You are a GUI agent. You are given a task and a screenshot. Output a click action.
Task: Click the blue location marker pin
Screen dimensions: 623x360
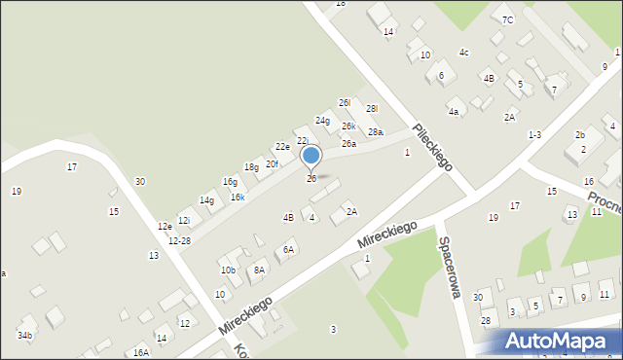click(311, 156)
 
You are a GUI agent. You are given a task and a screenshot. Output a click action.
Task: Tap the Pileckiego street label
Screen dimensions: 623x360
click(432, 147)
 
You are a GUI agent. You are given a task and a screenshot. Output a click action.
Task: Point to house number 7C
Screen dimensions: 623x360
click(507, 19)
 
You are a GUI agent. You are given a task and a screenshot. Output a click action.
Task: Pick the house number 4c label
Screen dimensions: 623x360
click(464, 52)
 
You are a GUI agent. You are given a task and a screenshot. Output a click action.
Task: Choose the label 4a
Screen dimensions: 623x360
click(454, 112)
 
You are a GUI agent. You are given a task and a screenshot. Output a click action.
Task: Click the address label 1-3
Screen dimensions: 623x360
click(534, 134)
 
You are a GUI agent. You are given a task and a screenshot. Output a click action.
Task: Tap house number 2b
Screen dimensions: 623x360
click(580, 134)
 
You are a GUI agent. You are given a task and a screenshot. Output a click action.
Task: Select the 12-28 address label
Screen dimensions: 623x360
click(179, 240)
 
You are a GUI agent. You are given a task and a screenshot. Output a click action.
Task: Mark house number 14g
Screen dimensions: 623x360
click(207, 200)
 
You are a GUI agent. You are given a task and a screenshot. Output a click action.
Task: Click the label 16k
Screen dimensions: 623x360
click(238, 198)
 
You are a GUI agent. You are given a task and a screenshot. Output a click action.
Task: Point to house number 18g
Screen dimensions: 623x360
click(251, 167)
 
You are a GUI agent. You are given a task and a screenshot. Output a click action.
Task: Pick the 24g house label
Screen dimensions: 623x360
click(322, 121)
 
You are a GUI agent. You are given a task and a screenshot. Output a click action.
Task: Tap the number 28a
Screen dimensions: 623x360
click(375, 132)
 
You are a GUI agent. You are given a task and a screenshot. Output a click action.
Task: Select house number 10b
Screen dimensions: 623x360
click(228, 270)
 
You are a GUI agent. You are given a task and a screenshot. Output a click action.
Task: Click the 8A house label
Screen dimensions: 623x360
click(259, 270)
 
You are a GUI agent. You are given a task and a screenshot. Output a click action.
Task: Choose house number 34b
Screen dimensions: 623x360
click(24, 336)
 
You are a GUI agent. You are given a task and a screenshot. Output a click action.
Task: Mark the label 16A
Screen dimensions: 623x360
click(141, 352)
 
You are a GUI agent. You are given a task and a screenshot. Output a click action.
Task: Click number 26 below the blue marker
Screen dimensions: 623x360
click(311, 179)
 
